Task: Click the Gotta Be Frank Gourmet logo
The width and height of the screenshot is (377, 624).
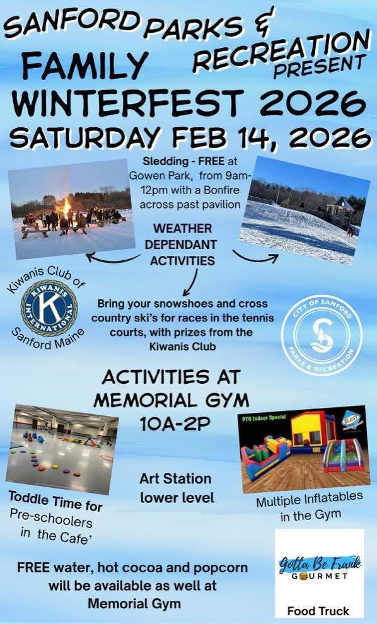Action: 319,564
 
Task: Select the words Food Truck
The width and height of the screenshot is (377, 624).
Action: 318,611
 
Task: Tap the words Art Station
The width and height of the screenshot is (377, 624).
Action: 175,480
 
